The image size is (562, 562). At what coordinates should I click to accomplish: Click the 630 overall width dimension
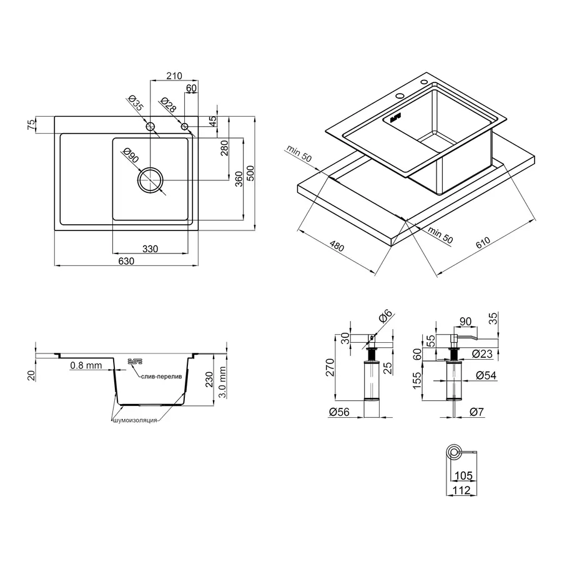(126, 261)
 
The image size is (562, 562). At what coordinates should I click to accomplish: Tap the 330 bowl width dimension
(150, 249)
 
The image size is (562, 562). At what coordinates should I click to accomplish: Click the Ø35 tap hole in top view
(150, 127)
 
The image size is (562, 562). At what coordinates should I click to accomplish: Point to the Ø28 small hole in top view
(185, 127)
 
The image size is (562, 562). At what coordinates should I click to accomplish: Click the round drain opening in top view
(150, 180)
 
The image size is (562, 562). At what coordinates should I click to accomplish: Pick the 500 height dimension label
(250, 173)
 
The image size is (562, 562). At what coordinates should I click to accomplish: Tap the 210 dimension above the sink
(174, 76)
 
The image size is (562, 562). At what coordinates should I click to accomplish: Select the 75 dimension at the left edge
(32, 124)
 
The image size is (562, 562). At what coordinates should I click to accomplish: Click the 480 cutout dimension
(337, 247)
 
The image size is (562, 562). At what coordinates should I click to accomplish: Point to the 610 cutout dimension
(483, 243)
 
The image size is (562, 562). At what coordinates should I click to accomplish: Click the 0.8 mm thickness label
(86, 365)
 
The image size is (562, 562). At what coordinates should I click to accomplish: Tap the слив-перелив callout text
(161, 377)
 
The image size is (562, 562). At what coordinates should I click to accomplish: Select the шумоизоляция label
(135, 420)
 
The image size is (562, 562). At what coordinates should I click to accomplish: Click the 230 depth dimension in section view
(209, 380)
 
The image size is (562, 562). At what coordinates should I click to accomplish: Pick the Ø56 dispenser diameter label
(339, 412)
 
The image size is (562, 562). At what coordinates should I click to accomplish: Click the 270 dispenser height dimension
(330, 367)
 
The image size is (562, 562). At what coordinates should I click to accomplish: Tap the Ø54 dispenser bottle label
(486, 375)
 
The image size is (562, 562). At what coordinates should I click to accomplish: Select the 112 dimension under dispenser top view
(461, 490)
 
